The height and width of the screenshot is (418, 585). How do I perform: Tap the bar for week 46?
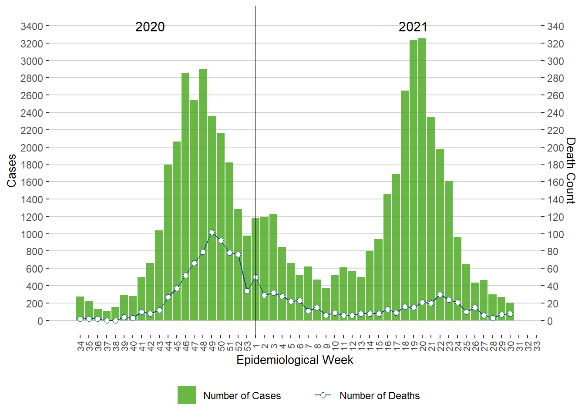[x=185, y=196]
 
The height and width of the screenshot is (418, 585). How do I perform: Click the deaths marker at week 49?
[x=212, y=233]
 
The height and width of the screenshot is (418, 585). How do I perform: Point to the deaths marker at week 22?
[x=440, y=294]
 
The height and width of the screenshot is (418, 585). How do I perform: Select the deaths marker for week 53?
[x=247, y=291]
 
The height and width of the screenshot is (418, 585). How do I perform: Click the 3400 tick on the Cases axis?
[x=32, y=27]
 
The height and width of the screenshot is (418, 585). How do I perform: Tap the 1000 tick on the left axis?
[x=32, y=234]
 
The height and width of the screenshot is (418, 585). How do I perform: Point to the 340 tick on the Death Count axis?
[x=555, y=27]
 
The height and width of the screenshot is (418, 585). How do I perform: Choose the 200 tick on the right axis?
[x=555, y=148]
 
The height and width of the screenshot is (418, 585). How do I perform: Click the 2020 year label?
[x=150, y=27]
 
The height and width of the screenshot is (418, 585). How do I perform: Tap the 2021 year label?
[x=413, y=27]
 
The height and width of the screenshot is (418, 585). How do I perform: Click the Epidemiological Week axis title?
[x=295, y=360]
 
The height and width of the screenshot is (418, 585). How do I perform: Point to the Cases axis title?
[x=12, y=171]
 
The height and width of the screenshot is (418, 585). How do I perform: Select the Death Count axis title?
[x=570, y=171]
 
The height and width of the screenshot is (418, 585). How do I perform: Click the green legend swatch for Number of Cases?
[x=186, y=395]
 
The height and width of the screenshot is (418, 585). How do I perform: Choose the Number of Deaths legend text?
[x=380, y=396]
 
